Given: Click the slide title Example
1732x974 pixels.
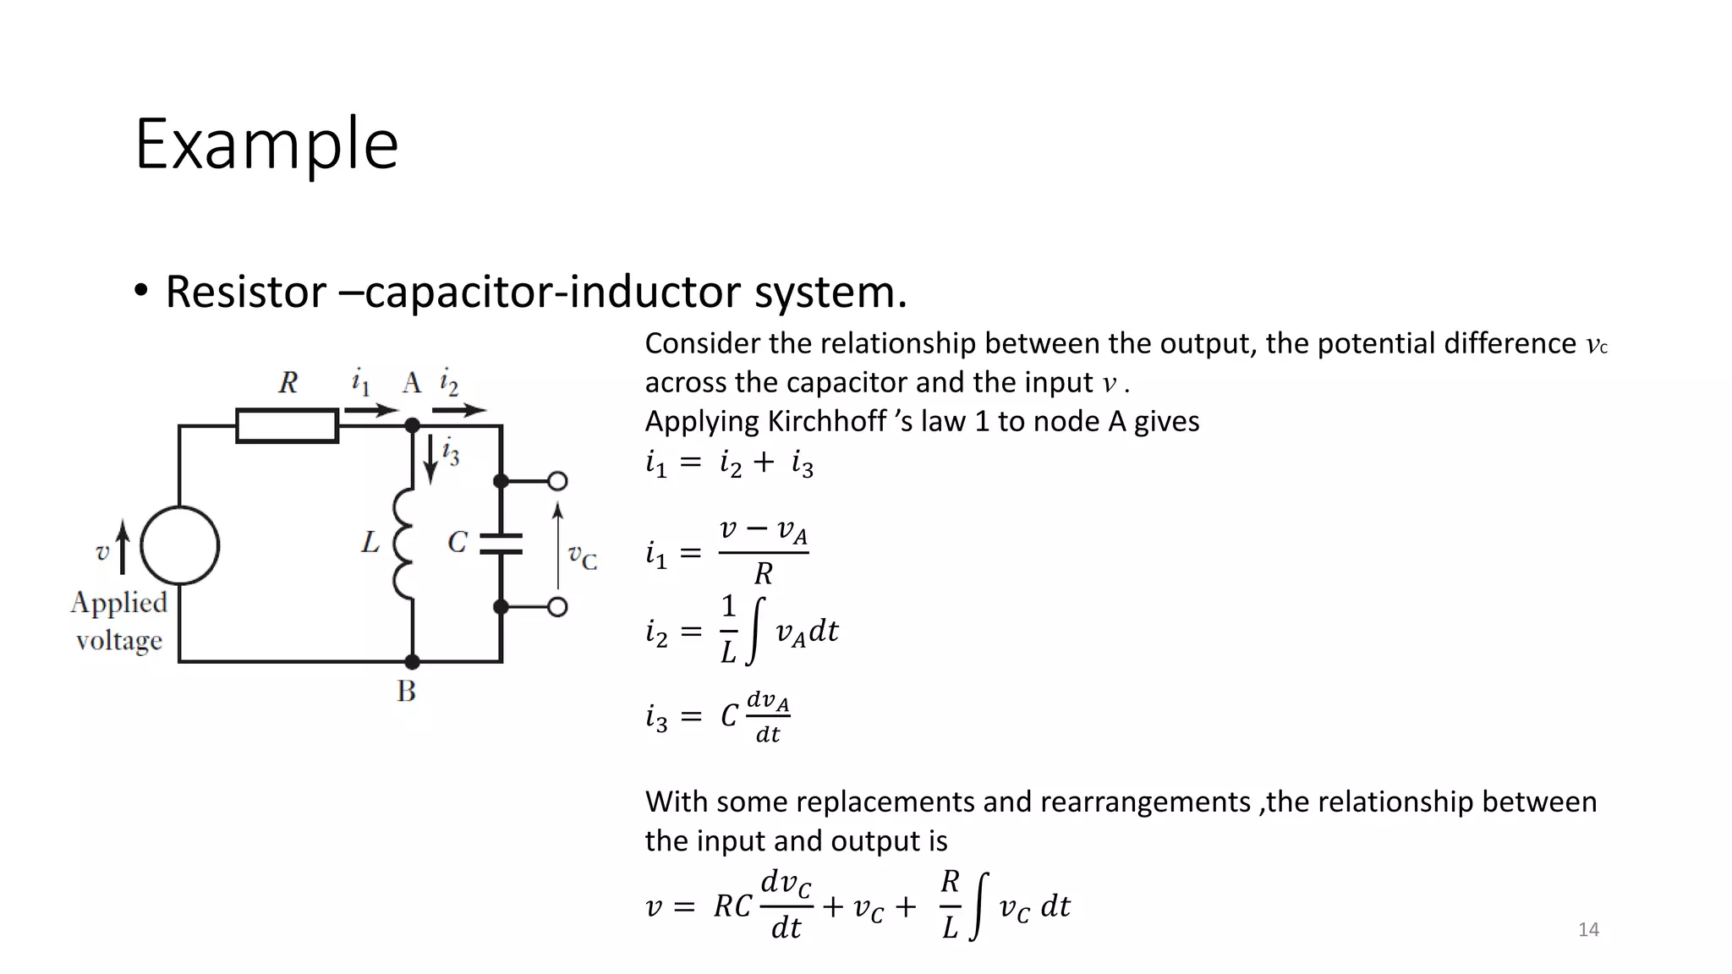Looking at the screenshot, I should tap(266, 144).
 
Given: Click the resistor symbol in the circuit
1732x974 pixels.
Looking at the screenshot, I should tap(288, 425).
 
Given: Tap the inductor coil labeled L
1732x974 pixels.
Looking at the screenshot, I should tap(404, 544).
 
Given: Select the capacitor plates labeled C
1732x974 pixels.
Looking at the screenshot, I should tap(501, 543).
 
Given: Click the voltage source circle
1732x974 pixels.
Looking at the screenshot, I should tap(179, 545).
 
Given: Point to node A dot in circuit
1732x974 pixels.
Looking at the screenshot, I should tap(413, 425).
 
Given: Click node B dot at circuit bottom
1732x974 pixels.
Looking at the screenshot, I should tap(413, 661).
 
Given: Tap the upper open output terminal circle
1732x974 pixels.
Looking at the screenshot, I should tap(557, 481).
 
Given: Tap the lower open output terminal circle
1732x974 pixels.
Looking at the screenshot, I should tap(557, 606).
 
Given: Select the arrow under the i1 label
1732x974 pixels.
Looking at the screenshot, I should tap(371, 411).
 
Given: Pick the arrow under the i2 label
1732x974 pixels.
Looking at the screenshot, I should tap(459, 411).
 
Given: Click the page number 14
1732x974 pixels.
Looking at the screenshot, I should tap(1588, 930).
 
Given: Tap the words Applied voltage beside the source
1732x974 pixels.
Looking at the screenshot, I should tap(119, 621).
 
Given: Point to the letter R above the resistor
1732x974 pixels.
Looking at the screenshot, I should tap(288, 383).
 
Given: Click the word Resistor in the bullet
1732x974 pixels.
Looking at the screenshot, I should tap(245, 292).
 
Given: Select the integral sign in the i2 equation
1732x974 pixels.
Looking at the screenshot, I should tap(758, 631).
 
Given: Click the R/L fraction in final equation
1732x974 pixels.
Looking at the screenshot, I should tap(951, 905).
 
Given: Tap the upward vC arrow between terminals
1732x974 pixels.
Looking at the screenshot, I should tap(557, 545).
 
